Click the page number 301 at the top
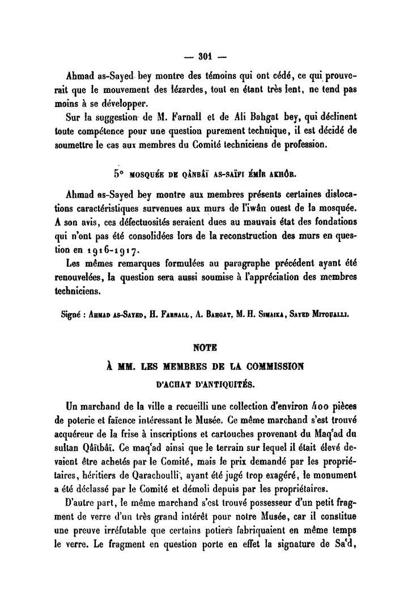(205, 56)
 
